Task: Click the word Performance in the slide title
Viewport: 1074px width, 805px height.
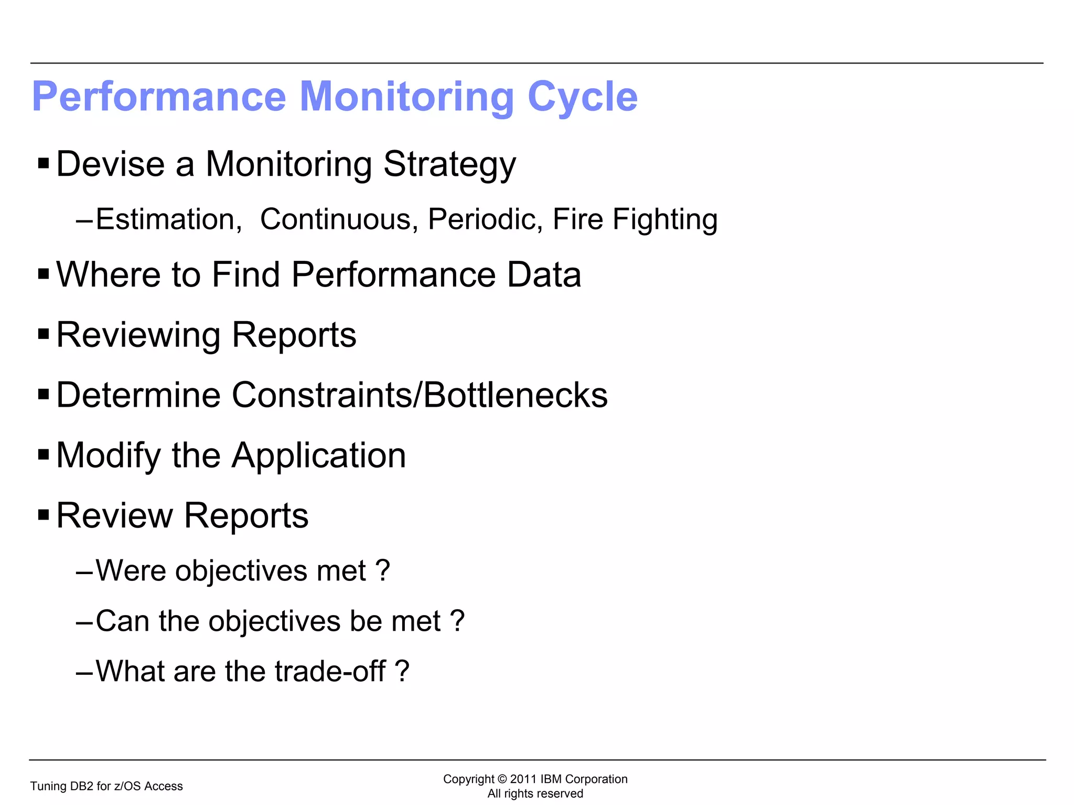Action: tap(159, 98)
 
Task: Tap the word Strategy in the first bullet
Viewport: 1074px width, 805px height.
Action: tap(449, 165)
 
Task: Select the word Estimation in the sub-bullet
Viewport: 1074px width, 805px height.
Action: tap(168, 219)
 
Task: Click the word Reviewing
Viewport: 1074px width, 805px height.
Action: tap(138, 335)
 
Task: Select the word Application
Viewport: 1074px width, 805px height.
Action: tap(319, 456)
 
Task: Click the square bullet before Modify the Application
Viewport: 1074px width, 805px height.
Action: tap(44, 454)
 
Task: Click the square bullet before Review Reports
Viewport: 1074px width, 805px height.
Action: tap(44, 514)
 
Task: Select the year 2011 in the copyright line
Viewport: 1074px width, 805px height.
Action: tap(523, 779)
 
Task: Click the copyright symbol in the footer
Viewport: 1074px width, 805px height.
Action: tap(502, 779)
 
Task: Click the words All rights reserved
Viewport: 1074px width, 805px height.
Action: tap(535, 793)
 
